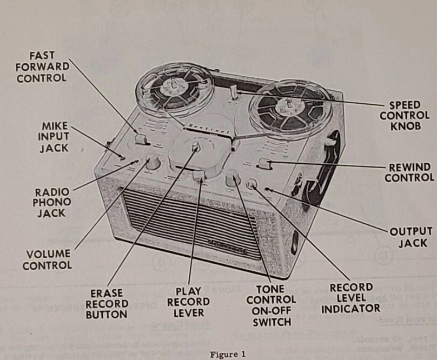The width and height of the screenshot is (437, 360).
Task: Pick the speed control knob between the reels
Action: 233,92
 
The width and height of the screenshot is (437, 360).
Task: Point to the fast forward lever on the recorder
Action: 141,140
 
